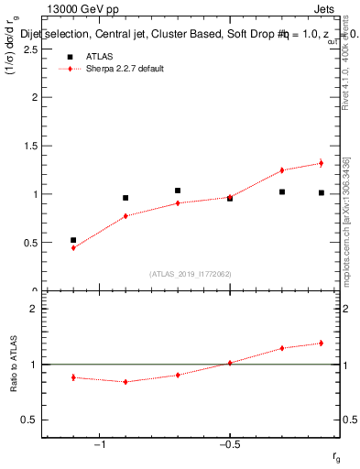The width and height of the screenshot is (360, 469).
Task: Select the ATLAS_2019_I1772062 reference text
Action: (x=191, y=274)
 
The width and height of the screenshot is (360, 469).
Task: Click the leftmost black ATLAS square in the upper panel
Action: (x=73, y=240)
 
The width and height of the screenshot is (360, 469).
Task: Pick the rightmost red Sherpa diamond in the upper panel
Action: (x=321, y=163)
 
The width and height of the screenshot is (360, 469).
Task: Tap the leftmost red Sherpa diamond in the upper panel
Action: (x=73, y=247)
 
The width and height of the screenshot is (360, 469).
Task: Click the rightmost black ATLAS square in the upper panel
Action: (x=321, y=192)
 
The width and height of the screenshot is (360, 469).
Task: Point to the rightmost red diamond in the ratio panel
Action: (x=321, y=344)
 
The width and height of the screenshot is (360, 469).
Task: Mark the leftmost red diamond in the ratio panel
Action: (x=73, y=377)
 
